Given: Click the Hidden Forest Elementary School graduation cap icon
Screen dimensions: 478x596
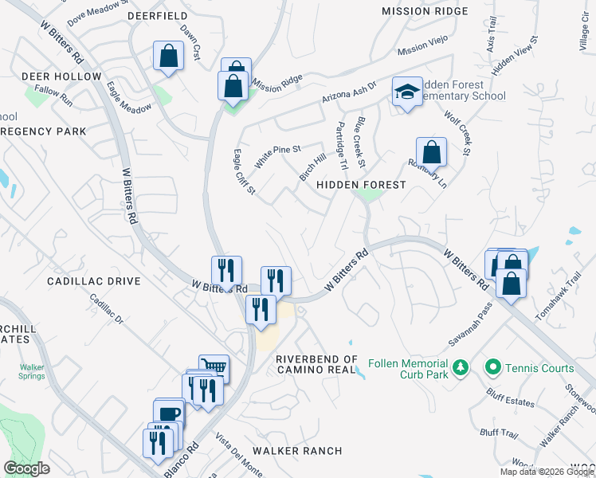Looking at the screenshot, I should [x=406, y=92].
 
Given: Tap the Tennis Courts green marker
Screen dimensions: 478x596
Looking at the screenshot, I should [x=492, y=368].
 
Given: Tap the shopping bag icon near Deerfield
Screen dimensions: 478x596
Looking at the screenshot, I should [x=168, y=57].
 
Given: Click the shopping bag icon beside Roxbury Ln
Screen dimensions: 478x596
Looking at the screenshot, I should [x=431, y=151].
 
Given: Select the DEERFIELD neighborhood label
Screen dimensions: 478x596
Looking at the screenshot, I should [x=158, y=16].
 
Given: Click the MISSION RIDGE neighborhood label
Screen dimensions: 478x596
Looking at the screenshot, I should [x=424, y=11].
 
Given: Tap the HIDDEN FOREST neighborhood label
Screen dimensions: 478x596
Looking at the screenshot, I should [x=362, y=185].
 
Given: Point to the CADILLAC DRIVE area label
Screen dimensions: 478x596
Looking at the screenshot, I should [x=93, y=281].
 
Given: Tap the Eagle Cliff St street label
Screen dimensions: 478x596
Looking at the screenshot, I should [x=244, y=171].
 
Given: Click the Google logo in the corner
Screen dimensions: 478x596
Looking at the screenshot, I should [x=26, y=468].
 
